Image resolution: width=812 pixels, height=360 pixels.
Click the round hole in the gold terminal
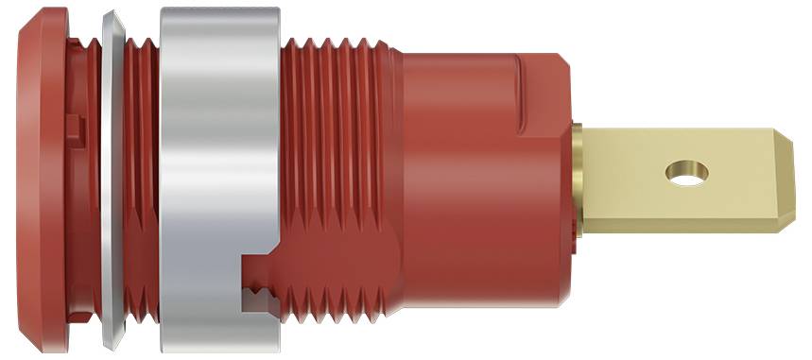[x=687, y=173]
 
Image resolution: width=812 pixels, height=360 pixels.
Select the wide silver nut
[x=220, y=142]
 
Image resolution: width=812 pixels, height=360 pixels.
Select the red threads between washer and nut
[x=141, y=180]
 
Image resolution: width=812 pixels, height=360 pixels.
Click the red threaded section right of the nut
[x=340, y=161]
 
